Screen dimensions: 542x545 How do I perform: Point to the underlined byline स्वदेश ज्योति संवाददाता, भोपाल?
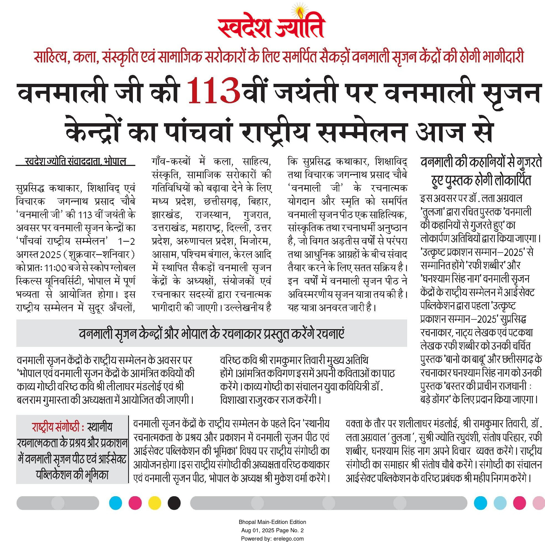[x=75, y=162]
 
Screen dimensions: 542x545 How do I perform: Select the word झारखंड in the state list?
[x=166, y=215]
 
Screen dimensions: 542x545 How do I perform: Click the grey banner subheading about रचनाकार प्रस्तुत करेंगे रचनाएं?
[x=212, y=334]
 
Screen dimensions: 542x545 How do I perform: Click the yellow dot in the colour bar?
[x=154, y=503]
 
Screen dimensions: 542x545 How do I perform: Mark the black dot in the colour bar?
[x=174, y=503]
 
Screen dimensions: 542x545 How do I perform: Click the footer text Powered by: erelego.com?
[x=272, y=538]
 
